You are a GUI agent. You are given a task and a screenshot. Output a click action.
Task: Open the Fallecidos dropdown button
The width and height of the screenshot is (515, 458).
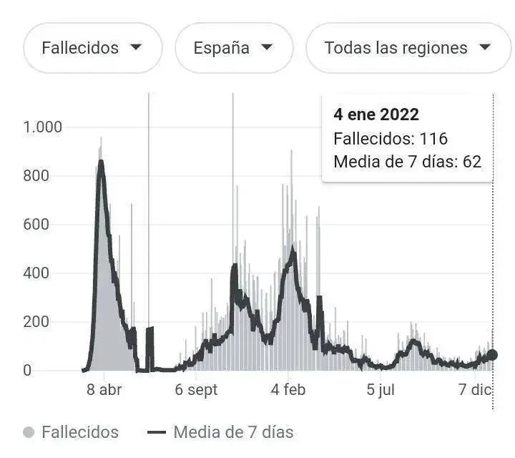[x=92, y=48]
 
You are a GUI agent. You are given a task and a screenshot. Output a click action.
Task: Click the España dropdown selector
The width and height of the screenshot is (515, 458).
[x=234, y=48]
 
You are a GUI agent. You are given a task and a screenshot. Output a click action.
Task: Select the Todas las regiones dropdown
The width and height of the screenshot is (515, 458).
[x=408, y=48]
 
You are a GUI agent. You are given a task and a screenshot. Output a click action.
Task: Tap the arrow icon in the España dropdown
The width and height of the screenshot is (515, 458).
[x=267, y=48]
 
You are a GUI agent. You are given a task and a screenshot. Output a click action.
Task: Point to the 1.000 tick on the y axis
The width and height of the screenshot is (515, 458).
[x=42, y=127]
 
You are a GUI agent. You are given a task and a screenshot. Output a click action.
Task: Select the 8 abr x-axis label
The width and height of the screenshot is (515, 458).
[x=104, y=390]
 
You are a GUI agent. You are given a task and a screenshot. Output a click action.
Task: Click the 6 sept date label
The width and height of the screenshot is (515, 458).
[x=195, y=390]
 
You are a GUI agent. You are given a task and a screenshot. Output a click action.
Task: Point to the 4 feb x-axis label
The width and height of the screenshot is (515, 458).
[x=288, y=390]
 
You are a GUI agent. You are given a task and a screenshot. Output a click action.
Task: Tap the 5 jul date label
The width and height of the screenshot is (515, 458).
[x=381, y=390]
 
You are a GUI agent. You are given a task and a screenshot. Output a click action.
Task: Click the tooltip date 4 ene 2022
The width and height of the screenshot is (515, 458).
[x=376, y=114]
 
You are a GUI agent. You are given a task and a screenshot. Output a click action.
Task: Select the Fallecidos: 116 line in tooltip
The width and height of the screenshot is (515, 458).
[x=390, y=138]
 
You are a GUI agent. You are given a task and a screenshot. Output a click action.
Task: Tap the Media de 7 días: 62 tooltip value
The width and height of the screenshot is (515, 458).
[x=407, y=162]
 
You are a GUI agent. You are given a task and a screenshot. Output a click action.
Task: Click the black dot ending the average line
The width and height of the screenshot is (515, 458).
[x=492, y=355]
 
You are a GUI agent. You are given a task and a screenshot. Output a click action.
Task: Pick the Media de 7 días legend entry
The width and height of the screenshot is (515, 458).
[x=220, y=432]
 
